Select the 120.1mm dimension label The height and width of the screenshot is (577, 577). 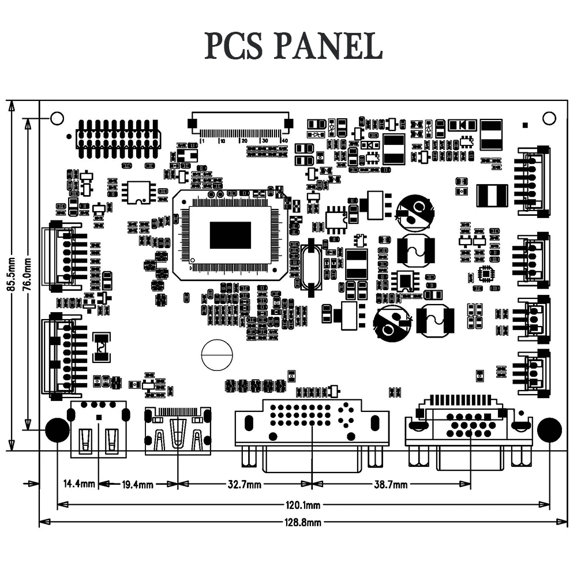[x=303, y=505]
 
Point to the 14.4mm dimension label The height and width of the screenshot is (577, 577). [x=78, y=484]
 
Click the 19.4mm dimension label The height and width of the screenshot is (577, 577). [x=137, y=485]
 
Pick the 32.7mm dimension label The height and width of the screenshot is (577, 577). [x=243, y=485]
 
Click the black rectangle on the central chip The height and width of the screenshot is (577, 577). [x=230, y=235]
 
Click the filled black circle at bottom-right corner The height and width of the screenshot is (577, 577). [x=549, y=430]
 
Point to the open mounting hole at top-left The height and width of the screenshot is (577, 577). [x=57, y=118]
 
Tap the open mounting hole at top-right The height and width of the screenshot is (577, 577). [x=549, y=118]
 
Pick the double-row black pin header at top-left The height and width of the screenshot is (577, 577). [x=118, y=139]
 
